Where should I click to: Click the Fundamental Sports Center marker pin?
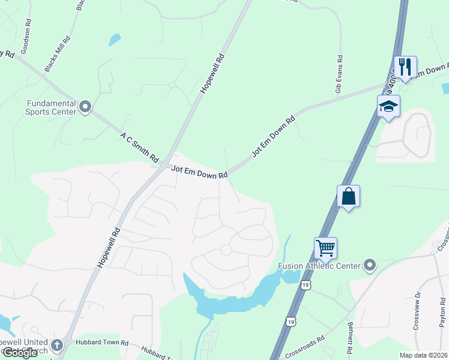pyautogui.click(x=85, y=107)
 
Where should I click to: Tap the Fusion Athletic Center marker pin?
pyautogui.click(x=370, y=265)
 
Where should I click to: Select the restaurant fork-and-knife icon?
pyautogui.click(x=405, y=67)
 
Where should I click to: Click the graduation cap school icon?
pyautogui.click(x=388, y=106)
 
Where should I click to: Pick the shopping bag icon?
pyautogui.click(x=348, y=196)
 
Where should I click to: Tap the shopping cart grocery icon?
pyautogui.click(x=325, y=247)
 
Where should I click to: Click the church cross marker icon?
pyautogui.click(x=57, y=345)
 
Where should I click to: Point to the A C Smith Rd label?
pyautogui.click(x=139, y=148)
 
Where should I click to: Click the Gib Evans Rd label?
pyautogui.click(x=339, y=74)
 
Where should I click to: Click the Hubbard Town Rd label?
pyautogui.click(x=103, y=343)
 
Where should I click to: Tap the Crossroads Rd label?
pyautogui.click(x=306, y=346)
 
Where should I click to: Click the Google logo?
pyautogui.click(x=19, y=353)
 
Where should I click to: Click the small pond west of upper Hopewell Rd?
pyautogui.click(x=114, y=40)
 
